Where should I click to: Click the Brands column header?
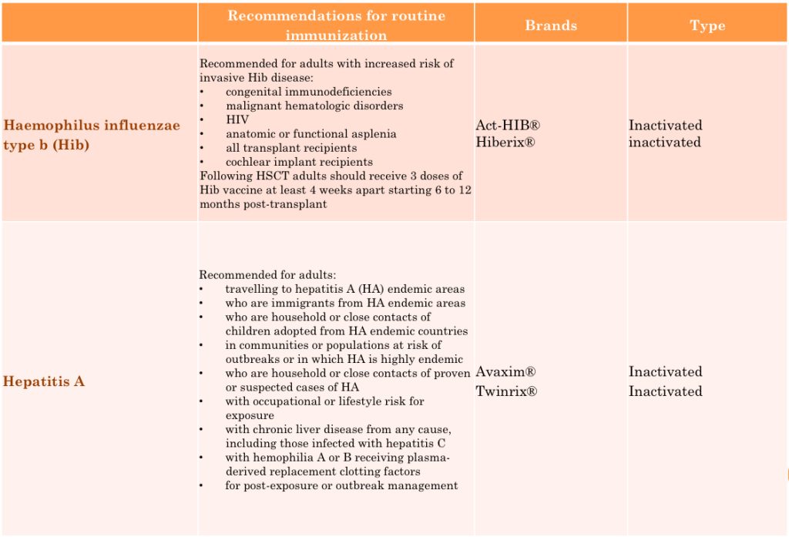(x=550, y=25)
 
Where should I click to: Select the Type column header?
(x=707, y=25)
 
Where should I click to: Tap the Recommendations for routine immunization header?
(x=336, y=25)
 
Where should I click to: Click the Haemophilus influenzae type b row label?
(x=92, y=135)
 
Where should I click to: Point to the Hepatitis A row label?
(x=44, y=381)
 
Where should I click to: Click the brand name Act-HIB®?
(x=508, y=125)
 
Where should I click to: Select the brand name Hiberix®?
(x=505, y=143)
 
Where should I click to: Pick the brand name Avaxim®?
(x=506, y=372)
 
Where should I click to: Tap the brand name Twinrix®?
(x=506, y=391)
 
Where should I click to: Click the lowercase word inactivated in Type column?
(x=664, y=143)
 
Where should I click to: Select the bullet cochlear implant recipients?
(x=299, y=162)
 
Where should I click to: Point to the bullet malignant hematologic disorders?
(x=314, y=106)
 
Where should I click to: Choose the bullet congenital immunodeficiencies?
(x=308, y=92)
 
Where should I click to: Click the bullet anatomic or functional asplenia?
(x=311, y=133)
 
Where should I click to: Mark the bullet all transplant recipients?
(x=291, y=148)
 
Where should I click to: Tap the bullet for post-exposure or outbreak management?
(x=341, y=485)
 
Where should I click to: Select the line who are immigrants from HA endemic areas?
(x=345, y=303)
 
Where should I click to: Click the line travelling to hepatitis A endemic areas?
(x=345, y=289)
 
